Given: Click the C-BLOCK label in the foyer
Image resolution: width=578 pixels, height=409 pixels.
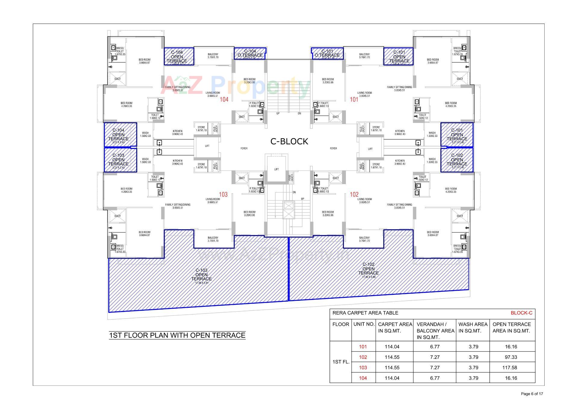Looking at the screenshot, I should pyautogui.click(x=289, y=141).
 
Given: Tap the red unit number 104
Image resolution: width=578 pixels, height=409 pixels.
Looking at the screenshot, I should pyautogui.click(x=224, y=99).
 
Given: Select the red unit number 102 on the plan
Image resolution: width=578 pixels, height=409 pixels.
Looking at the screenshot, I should pyautogui.click(x=354, y=194).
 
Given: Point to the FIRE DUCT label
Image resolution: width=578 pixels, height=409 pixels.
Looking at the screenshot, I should pyautogui.click(x=291, y=178).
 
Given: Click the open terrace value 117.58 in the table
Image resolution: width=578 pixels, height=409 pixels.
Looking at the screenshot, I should pyautogui.click(x=511, y=367).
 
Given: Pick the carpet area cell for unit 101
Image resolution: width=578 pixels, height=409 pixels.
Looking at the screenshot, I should pyautogui.click(x=392, y=347).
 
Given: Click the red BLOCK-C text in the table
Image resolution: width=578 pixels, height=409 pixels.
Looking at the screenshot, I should pyautogui.click(x=521, y=313).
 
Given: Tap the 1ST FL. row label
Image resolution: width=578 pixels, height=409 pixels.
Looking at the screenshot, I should pyautogui.click(x=341, y=362).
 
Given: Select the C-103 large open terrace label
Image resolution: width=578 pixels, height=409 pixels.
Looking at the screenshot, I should pyautogui.click(x=201, y=275).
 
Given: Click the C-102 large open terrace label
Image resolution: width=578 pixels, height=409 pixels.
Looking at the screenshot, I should pyautogui.click(x=368, y=269).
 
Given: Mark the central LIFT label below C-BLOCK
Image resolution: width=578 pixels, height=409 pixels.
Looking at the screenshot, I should pyautogui.click(x=276, y=169).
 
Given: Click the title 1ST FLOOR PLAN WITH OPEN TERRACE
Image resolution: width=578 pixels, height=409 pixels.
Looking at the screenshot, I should pyautogui.click(x=177, y=335).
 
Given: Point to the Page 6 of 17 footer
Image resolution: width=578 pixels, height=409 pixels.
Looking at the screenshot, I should pyautogui.click(x=532, y=394).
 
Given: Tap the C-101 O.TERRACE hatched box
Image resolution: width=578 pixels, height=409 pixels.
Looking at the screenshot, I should pyautogui.click(x=327, y=53).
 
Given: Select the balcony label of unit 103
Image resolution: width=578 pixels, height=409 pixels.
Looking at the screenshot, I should pyautogui.click(x=213, y=239).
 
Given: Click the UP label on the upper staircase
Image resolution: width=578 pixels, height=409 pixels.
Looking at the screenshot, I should pyautogui.click(x=278, y=114).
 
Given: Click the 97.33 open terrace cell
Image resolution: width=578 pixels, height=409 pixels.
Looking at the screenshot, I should pyautogui.click(x=511, y=357).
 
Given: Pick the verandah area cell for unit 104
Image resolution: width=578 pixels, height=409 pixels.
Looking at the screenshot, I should pyautogui.click(x=435, y=378).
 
